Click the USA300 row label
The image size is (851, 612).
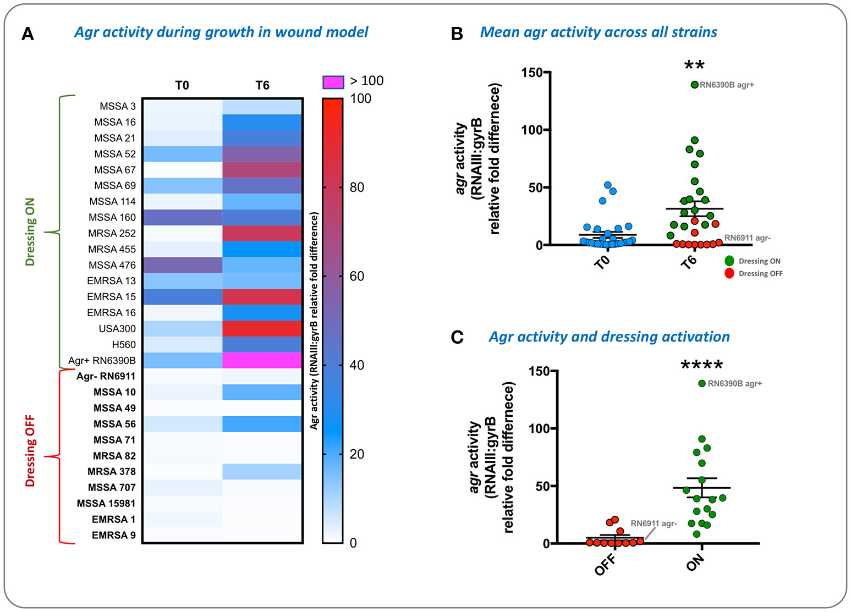pos(117,329)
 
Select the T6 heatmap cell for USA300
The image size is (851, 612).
pos(262,329)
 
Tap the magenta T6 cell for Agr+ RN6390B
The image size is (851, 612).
pos(262,361)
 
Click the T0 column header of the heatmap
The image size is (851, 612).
pos(182,85)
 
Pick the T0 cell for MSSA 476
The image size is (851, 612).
pos(183,265)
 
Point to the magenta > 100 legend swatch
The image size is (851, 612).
pos(333,82)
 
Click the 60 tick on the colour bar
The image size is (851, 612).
pos(357,276)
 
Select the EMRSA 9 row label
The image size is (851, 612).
pos(113,535)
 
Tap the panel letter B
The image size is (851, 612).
pos(457,34)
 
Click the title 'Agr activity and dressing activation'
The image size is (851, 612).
pos(609,337)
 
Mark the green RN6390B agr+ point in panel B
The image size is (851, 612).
pos(695,85)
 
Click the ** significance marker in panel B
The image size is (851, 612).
pos(694,66)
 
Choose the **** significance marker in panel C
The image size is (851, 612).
pos(701,365)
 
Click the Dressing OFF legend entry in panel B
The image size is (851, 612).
pos(760,274)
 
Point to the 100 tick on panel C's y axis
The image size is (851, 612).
pos(539,428)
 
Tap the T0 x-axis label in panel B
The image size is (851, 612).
pos(602,261)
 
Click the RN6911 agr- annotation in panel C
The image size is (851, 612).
pos(654,523)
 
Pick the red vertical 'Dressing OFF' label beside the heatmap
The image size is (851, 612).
pos(30,451)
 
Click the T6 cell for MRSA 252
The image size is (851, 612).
pos(262,233)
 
